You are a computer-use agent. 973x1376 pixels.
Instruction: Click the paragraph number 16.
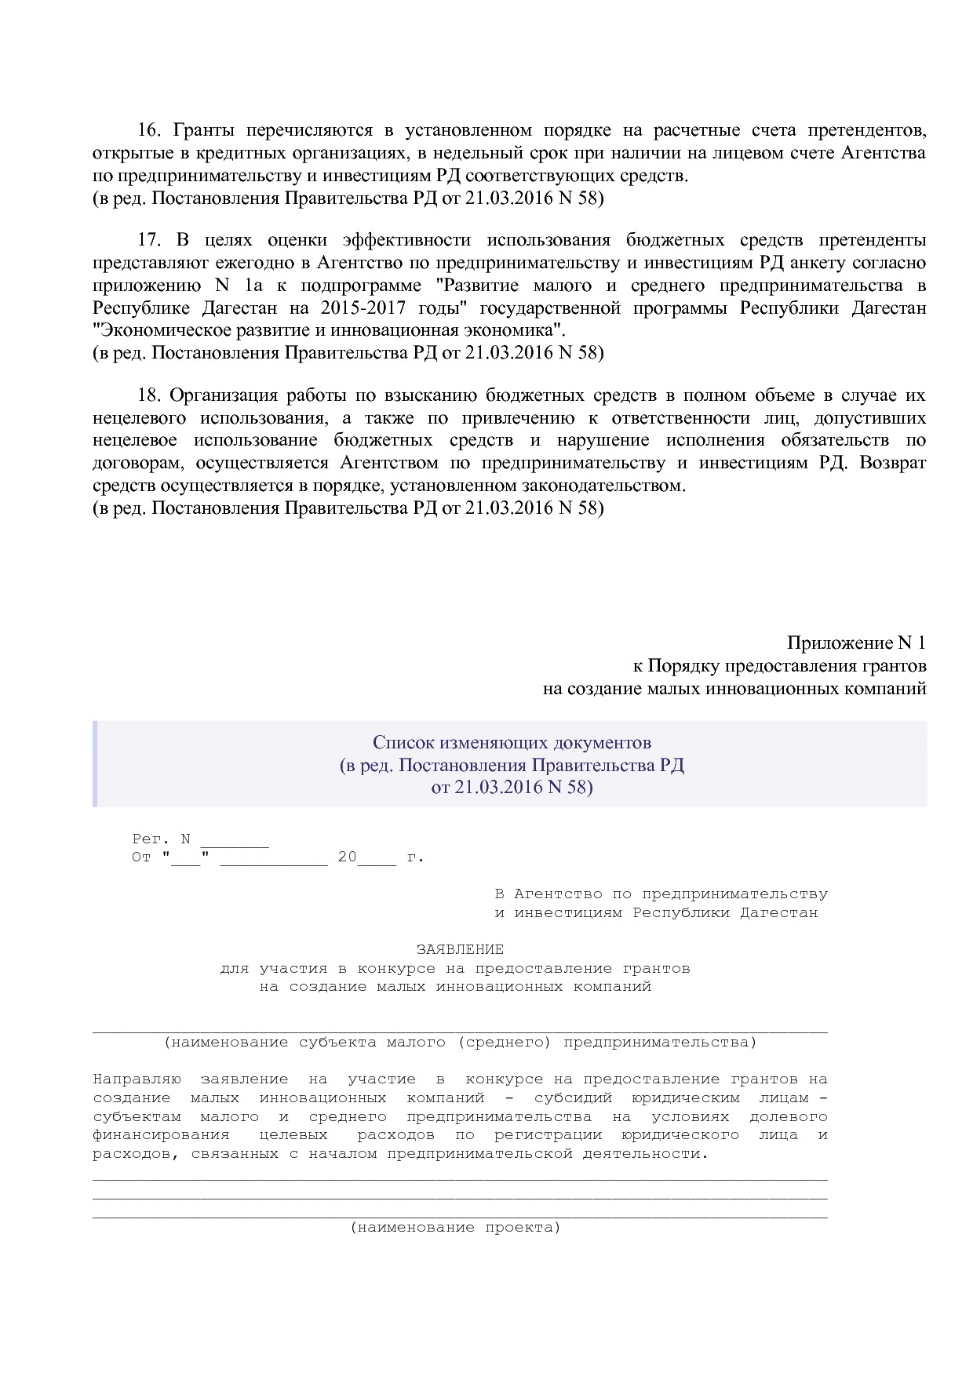(148, 130)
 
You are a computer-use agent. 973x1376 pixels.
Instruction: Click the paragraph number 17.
(148, 240)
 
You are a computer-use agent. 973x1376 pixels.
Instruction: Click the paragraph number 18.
(148, 395)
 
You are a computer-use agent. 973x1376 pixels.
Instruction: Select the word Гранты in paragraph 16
(200, 130)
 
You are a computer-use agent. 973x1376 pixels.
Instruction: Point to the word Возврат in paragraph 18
(892, 463)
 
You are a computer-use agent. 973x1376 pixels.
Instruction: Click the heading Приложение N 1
(856, 643)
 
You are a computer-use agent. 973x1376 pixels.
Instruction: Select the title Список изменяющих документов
(512, 742)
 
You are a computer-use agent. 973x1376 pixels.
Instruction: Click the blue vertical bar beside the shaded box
(95, 764)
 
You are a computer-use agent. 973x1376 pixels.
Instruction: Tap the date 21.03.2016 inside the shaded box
(494, 787)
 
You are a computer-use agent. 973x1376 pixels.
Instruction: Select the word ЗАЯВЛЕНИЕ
(460, 949)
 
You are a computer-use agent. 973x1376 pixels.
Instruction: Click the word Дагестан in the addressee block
(778, 913)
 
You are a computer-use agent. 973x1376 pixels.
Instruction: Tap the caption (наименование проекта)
(455, 1228)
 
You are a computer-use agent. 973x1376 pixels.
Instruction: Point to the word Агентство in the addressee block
(558, 894)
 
